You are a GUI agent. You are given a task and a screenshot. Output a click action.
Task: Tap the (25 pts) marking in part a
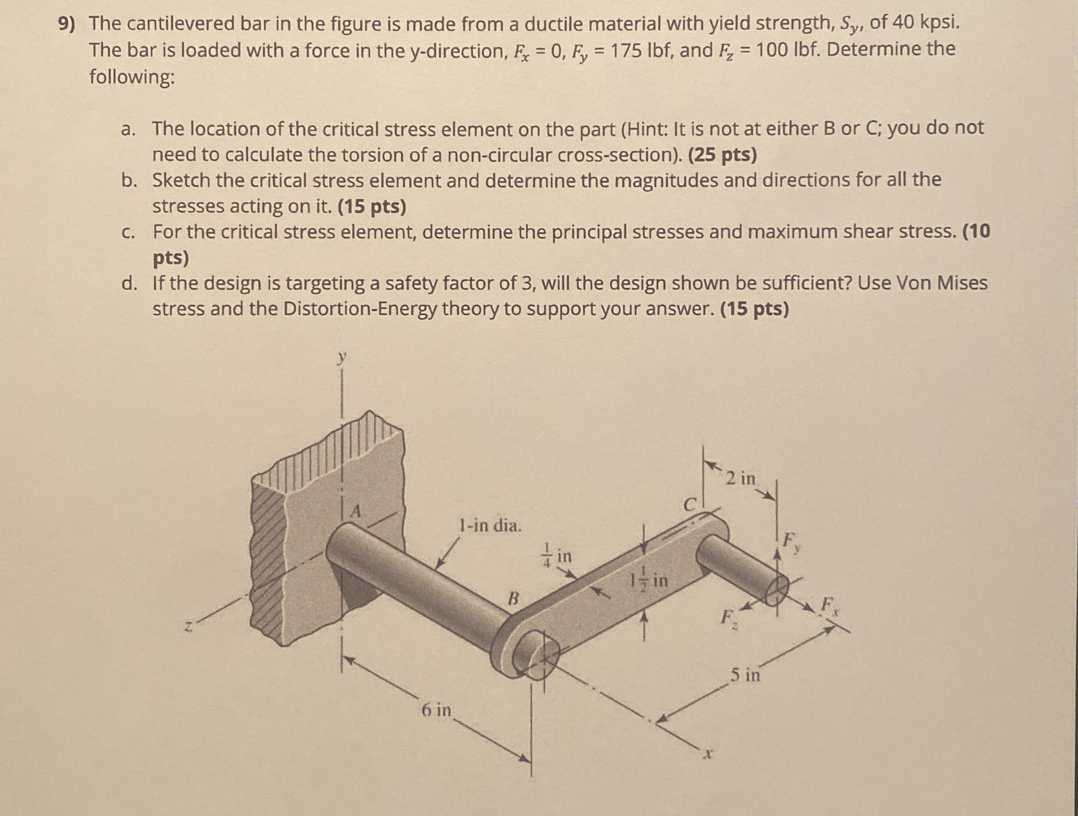723,155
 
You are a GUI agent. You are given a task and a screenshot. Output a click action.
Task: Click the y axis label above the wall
343,358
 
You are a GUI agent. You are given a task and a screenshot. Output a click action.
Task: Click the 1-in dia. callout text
490,526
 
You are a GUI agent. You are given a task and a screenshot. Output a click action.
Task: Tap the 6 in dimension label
436,710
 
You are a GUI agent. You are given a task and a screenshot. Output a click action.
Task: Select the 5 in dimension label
745,675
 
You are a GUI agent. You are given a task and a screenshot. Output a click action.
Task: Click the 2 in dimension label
740,479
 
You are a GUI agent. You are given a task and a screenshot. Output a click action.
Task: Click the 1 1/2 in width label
648,580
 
